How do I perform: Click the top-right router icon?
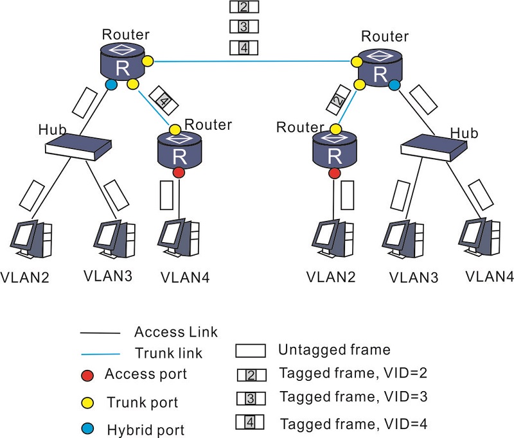coord(380,69)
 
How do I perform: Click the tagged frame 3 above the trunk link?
coord(244,27)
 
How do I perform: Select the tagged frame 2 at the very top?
coord(244,7)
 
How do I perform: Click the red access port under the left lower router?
coord(179,173)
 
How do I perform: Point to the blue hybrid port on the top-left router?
coord(111,84)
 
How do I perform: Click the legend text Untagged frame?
coord(333,350)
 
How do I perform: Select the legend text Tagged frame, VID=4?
coord(353,424)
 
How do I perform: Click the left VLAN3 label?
coord(107,277)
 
